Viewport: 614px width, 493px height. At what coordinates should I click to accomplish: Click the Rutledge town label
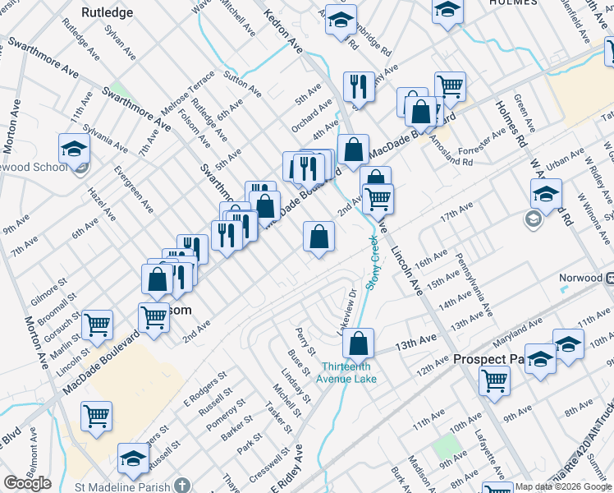[x=107, y=12]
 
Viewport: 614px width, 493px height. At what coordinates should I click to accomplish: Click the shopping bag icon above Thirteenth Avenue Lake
[x=358, y=343]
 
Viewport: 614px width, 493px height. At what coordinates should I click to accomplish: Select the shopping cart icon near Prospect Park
[x=494, y=380]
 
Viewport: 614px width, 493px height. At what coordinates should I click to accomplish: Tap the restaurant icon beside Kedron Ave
[x=358, y=86]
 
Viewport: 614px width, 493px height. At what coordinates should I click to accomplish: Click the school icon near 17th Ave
[x=545, y=195]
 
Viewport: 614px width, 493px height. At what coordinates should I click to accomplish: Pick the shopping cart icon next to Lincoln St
[x=97, y=324]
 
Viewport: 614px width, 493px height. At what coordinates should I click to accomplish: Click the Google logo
[x=27, y=483]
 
